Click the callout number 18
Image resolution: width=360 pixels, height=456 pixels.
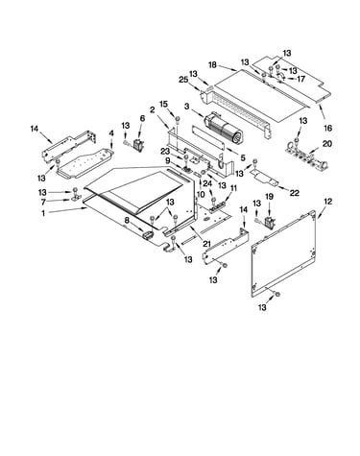pos(213,65)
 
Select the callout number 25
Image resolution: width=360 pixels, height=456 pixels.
pos(183,80)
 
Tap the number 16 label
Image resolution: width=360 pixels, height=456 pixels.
pos(328,128)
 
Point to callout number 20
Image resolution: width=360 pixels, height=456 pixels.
pos(327,144)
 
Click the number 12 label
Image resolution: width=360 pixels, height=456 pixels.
pos(328,202)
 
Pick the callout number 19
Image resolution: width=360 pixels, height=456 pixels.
pos(270,197)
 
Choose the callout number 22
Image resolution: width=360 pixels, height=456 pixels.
pos(294,193)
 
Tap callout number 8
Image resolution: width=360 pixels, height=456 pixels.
pos(127,220)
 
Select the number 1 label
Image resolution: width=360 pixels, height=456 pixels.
pos(43,212)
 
